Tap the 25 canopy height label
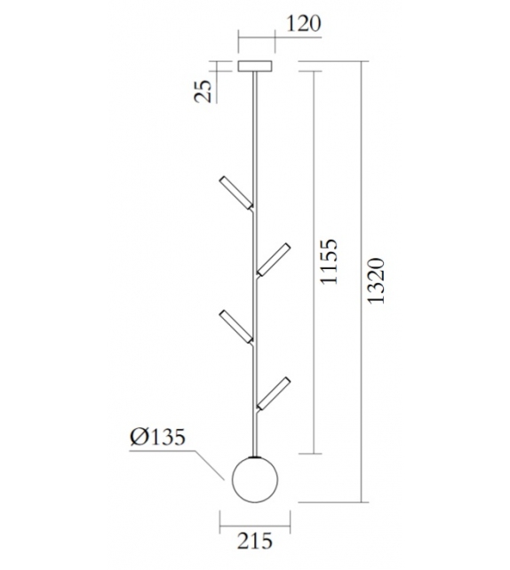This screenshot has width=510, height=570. pyautogui.click(x=203, y=89)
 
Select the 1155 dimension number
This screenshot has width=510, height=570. pyautogui.click(x=330, y=261)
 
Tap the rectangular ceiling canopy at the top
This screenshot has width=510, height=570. pyautogui.click(x=256, y=66)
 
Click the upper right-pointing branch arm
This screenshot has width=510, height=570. pyautogui.click(x=275, y=257)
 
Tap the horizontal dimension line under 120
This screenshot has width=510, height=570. pyautogui.click(x=256, y=39)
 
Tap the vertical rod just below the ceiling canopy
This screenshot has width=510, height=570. pyautogui.click(x=256, y=115)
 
